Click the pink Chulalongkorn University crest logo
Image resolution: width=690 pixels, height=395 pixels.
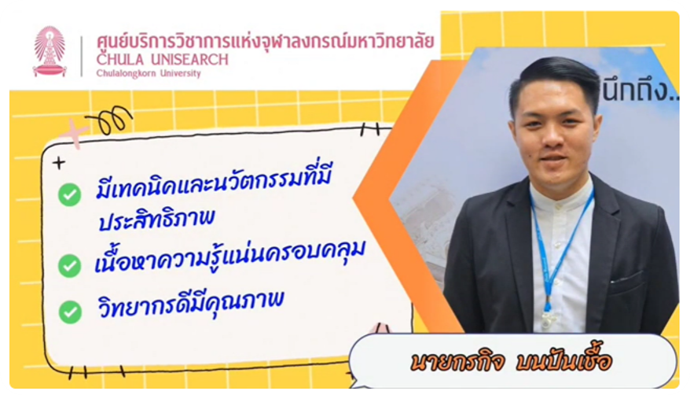pos(50,52)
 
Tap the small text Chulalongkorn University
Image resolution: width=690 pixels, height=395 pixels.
pos(149,73)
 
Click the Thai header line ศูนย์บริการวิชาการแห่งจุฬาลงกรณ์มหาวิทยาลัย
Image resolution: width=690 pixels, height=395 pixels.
pos(266,41)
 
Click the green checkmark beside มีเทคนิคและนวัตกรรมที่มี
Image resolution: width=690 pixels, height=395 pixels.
pos(69,194)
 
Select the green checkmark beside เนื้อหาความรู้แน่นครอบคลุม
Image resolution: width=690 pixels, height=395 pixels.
pos(69,265)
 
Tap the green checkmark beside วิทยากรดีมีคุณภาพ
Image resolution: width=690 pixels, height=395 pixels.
pos(70,312)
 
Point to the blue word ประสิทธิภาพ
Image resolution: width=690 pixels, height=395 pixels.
pos(156,219)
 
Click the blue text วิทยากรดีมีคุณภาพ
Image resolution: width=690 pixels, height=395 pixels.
pos(190,303)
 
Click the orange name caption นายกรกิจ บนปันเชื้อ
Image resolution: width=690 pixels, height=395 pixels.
pos(511,361)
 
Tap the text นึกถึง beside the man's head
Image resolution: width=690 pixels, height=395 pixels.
pos(640,90)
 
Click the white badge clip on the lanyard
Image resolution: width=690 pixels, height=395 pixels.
pos(547,319)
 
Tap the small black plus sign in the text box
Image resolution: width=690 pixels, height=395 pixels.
pos(59,164)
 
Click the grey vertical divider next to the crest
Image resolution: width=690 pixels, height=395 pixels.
pos(82,56)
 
